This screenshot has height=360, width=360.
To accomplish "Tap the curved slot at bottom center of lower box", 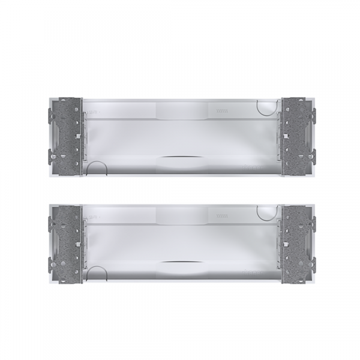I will tap(180, 262).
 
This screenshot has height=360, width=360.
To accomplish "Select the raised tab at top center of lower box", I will tap(180, 214).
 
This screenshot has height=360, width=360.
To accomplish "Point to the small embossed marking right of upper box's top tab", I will tap(221, 109).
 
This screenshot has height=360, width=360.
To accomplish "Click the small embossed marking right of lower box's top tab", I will tap(221, 214).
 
